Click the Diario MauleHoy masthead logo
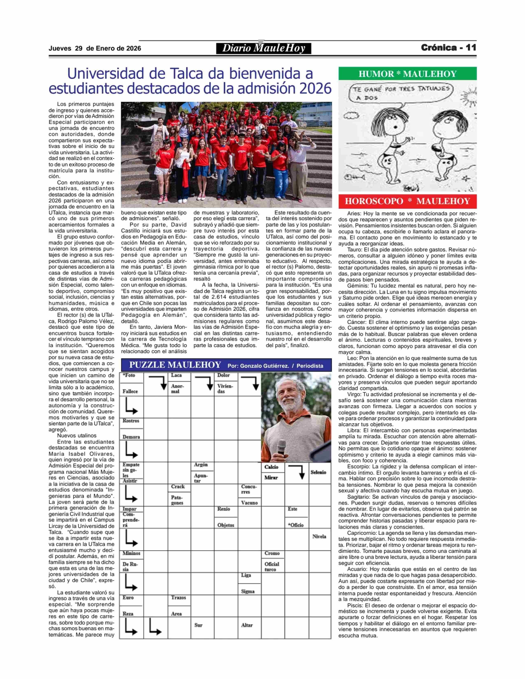[264, 48]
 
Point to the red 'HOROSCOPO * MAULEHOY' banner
[407, 201]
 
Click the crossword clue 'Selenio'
[318, 472]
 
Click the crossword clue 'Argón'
[201, 465]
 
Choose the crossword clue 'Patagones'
[177, 500]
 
